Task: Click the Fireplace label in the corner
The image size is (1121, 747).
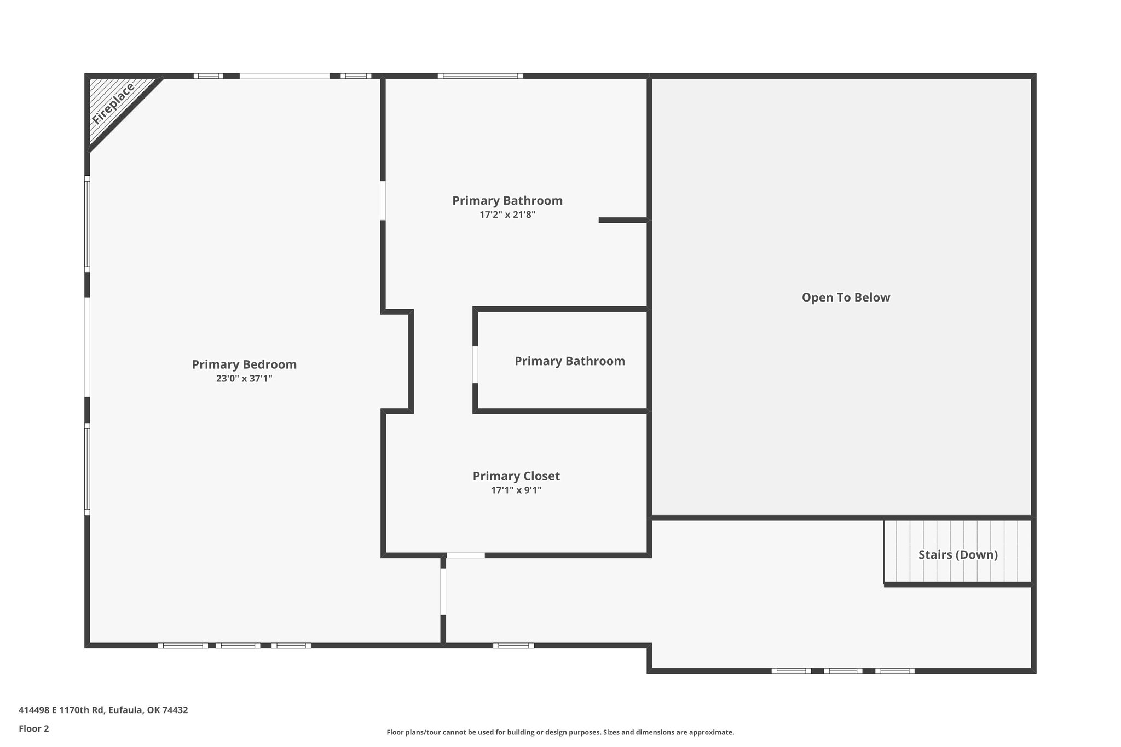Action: [113, 103]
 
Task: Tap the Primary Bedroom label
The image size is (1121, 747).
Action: [244, 364]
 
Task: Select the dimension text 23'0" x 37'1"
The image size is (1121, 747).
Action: [244, 378]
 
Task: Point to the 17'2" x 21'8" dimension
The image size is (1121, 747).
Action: [507, 215]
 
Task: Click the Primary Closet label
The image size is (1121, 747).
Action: [516, 476]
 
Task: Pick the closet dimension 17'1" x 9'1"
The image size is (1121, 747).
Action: [516, 490]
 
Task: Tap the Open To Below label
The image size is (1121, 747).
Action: [846, 298]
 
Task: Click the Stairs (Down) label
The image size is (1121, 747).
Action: [958, 555]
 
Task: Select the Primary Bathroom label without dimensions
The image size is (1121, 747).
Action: [570, 361]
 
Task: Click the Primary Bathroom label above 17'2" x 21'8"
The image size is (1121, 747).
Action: [507, 201]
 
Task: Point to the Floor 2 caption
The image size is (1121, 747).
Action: [34, 729]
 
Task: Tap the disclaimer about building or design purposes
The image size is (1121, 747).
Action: [560, 732]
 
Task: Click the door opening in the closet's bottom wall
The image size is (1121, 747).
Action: [466, 555]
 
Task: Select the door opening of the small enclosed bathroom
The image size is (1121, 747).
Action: [475, 364]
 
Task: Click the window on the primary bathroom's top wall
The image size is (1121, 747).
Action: [480, 76]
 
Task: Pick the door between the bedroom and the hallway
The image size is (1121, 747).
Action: [443, 592]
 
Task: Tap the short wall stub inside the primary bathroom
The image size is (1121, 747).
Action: [623, 220]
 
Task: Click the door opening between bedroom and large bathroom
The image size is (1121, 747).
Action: [383, 200]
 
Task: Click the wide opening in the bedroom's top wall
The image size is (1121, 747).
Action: [285, 76]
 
